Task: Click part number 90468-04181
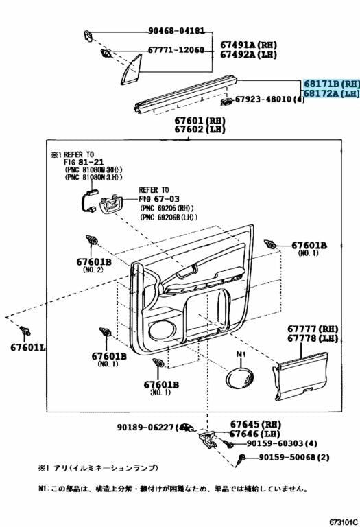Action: point(176,31)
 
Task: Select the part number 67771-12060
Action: point(176,50)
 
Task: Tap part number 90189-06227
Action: point(147,428)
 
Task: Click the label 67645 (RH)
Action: point(256,424)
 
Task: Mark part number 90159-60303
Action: point(272,443)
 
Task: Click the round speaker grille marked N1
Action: point(241,378)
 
